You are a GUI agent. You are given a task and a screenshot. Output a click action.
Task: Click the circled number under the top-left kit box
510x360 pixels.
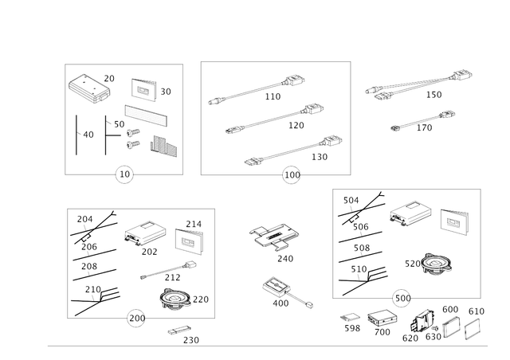tap(124, 174)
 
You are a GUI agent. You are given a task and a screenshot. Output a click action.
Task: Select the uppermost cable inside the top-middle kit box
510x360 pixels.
tap(255, 89)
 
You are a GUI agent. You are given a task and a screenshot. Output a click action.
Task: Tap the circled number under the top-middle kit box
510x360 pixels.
tap(292, 174)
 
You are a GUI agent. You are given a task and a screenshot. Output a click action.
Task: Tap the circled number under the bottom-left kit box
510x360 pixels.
tap(136, 319)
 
